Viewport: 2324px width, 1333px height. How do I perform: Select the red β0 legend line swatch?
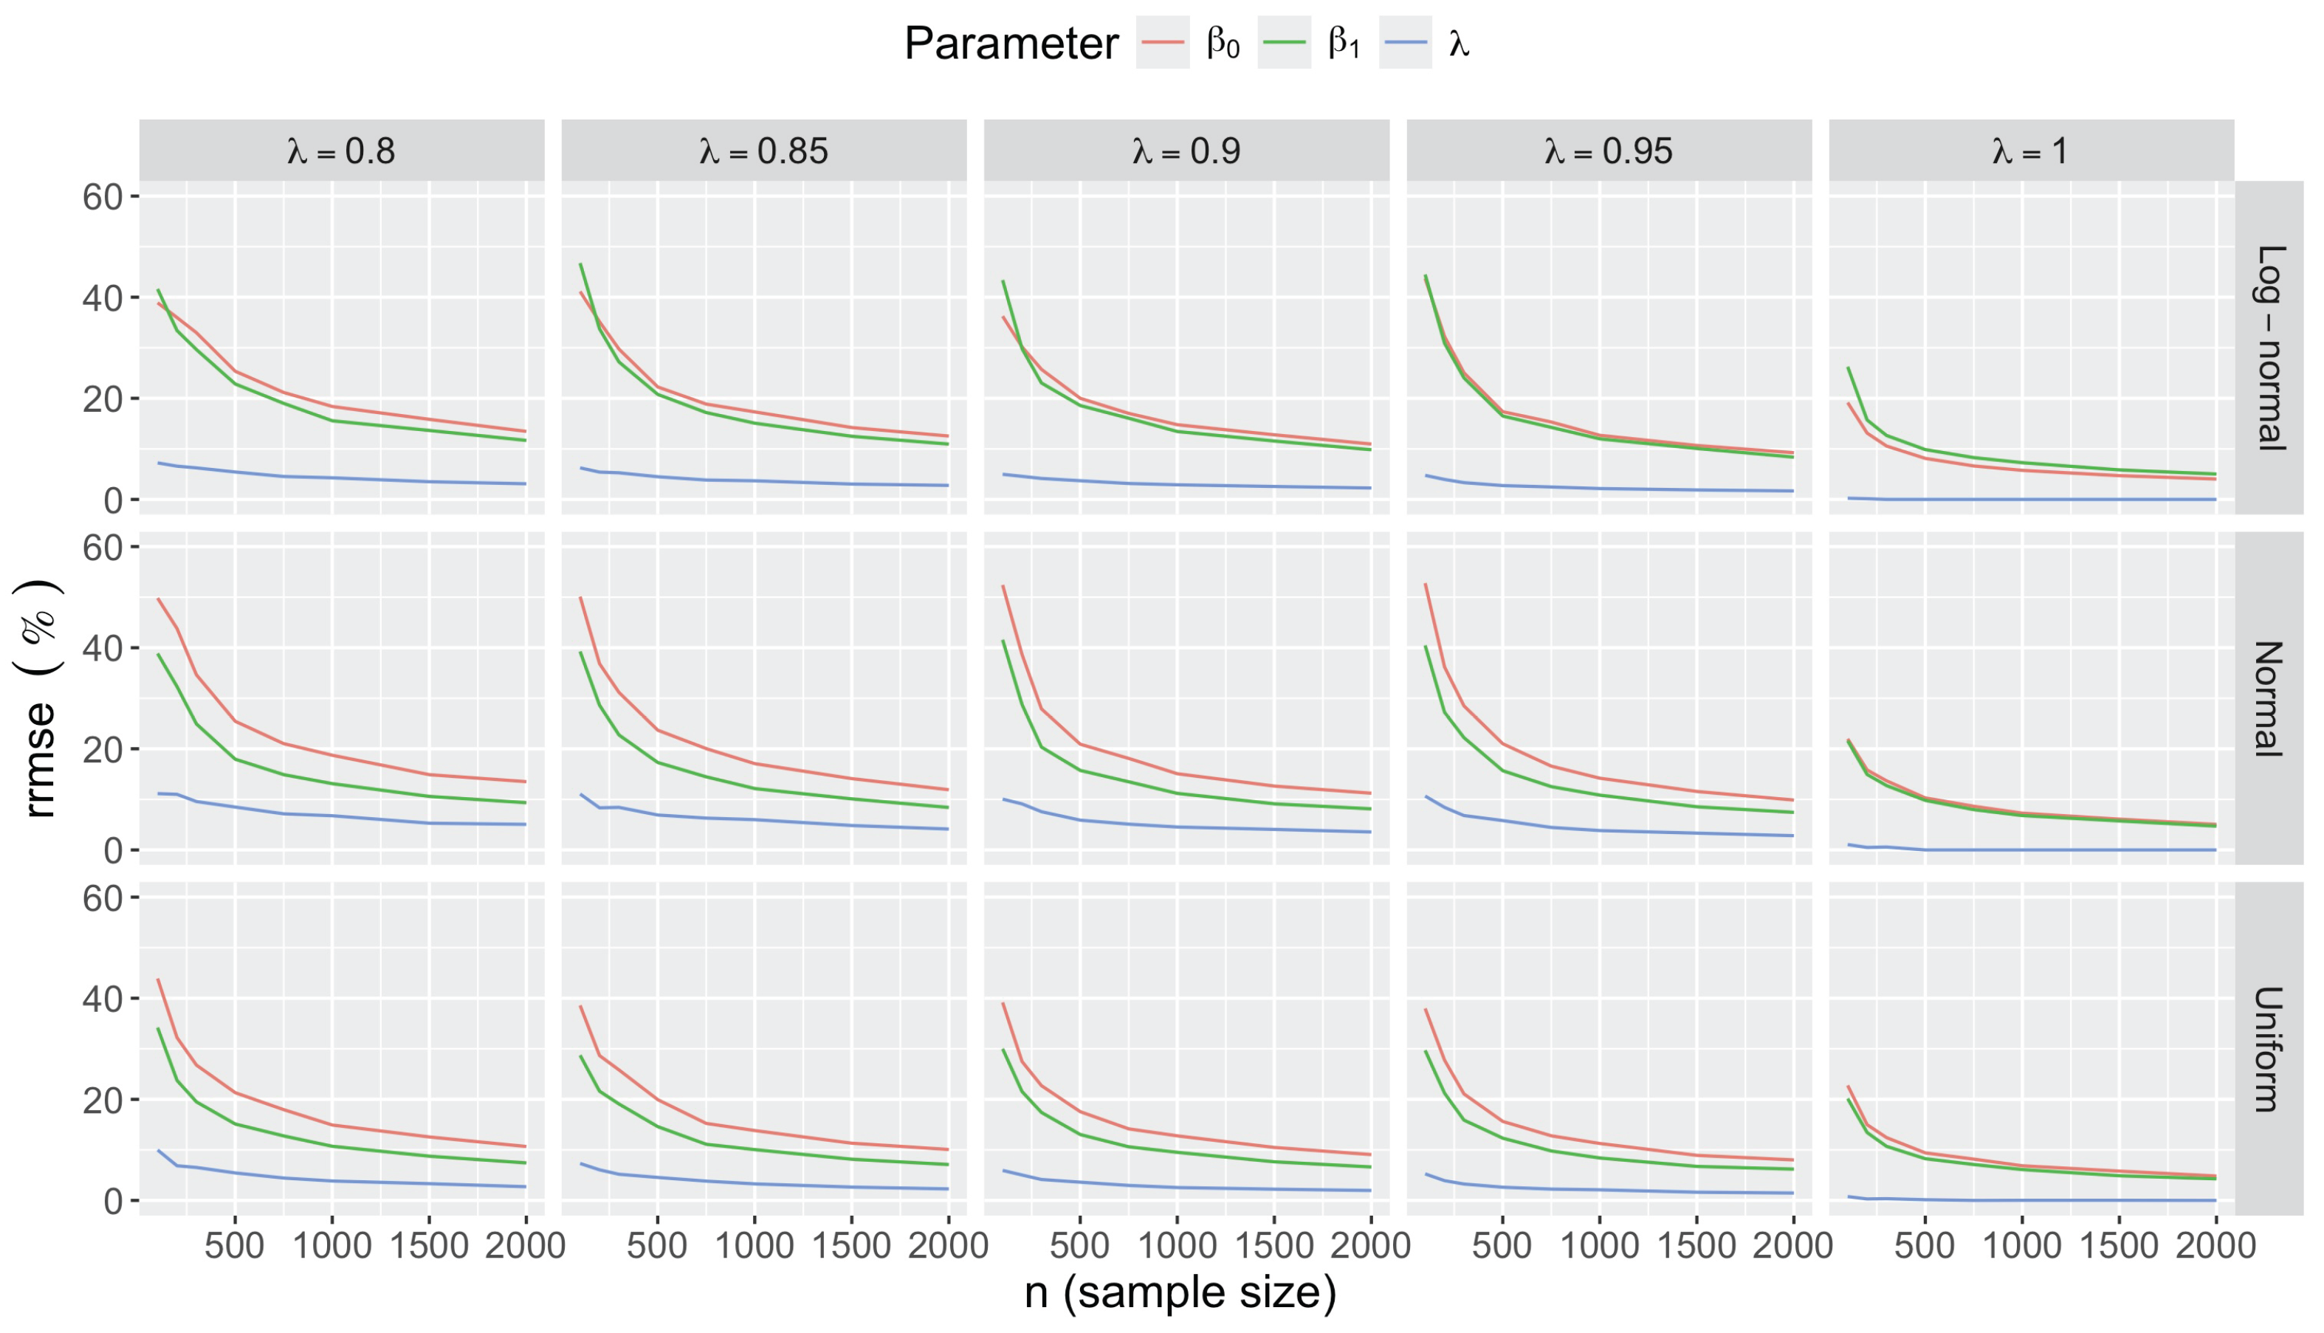[1163, 43]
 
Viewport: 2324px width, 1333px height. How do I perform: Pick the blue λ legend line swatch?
[1405, 43]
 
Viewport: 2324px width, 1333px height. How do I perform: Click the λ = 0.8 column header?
[342, 151]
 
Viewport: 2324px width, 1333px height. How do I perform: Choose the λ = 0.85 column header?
[763, 151]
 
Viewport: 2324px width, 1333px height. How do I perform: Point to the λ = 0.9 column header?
[1186, 151]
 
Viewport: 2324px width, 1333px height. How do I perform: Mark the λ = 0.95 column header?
[1609, 151]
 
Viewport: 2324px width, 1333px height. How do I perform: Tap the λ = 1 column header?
[2031, 151]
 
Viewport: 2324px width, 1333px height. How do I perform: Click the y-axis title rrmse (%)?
[41, 698]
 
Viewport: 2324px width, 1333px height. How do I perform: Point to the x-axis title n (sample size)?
[1180, 1292]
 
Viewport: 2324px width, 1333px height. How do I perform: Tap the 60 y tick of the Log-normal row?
[103, 197]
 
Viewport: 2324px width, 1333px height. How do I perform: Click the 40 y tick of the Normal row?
[103, 649]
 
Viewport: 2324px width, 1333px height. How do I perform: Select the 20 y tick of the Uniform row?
[103, 1100]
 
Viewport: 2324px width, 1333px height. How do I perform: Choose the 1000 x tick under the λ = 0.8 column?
[331, 1246]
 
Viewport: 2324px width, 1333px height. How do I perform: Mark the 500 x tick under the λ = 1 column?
[1924, 1246]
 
